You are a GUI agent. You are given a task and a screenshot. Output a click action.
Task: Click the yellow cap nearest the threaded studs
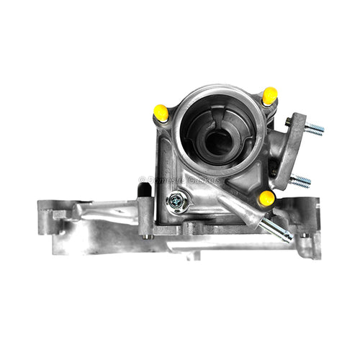269,95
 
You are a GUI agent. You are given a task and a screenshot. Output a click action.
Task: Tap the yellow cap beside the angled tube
266,197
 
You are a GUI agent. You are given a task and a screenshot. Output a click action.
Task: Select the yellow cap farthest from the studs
162,112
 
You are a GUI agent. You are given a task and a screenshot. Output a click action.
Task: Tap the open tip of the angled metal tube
288,235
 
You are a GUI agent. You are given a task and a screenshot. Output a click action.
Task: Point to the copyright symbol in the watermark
143,179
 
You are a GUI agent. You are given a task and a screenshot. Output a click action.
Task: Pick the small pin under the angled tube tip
303,235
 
